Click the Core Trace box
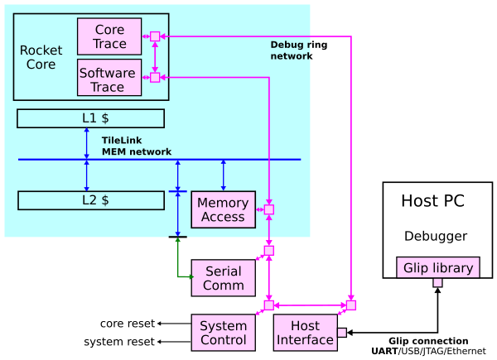[109, 36]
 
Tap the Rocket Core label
[41, 57]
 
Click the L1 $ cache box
[90, 118]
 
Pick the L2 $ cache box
[90, 200]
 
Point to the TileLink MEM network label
[137, 146]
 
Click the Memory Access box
[223, 209]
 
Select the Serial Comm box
[224, 279]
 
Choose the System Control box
[224, 333]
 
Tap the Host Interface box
[305, 333]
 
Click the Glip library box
[437, 267]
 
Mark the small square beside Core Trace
[155, 36]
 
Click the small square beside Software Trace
[155, 78]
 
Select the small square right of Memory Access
[269, 210]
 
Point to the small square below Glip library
[437, 283]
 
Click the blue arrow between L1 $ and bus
[86, 143]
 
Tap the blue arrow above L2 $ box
[86, 175]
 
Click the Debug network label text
[291, 50]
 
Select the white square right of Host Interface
[341, 333]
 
